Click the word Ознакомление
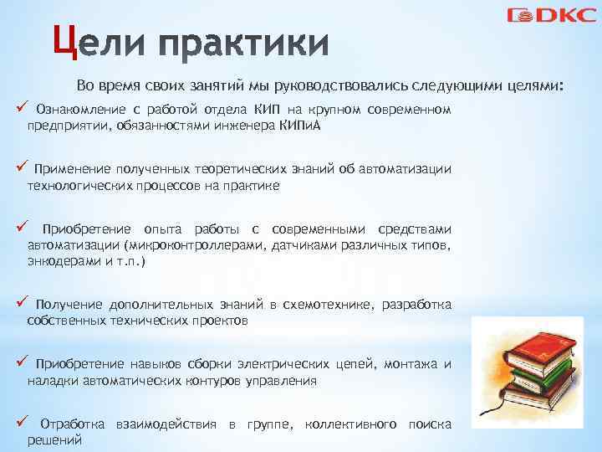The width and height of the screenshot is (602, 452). (x=78, y=110)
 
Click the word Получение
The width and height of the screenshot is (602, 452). (x=69, y=305)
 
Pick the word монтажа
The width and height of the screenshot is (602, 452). (x=413, y=364)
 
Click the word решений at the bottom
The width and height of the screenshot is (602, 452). (x=54, y=439)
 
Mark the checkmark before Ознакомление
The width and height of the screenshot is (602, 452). (x=22, y=109)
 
